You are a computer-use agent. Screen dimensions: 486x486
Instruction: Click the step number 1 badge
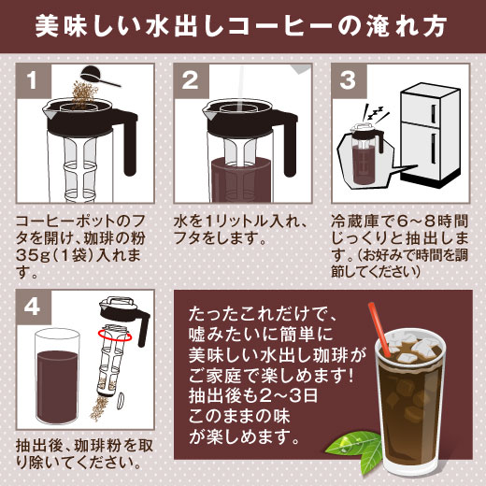34,81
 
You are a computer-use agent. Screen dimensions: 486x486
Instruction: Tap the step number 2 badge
192,81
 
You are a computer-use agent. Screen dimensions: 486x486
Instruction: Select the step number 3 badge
350,81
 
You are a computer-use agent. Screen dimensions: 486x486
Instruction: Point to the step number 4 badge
34,307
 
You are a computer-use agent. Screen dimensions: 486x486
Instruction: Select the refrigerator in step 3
430,136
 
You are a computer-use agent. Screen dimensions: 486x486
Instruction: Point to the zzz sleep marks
377,115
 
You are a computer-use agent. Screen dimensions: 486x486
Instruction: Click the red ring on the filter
115,334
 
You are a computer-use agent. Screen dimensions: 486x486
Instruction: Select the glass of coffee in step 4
57,378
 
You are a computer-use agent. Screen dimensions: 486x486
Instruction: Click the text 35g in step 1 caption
32,255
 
